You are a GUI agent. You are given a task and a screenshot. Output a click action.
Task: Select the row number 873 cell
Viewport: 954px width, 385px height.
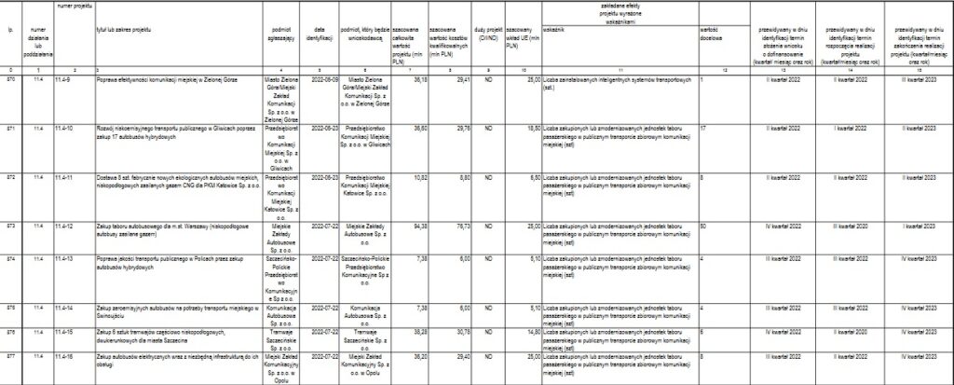pyautogui.click(x=10, y=227)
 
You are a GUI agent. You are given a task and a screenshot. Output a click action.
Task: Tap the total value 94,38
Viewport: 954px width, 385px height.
pyautogui.click(x=418, y=227)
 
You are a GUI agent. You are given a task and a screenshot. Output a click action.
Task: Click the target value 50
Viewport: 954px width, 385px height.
pyautogui.click(x=703, y=227)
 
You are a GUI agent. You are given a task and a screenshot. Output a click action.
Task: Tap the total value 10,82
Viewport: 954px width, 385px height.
pyautogui.click(x=418, y=176)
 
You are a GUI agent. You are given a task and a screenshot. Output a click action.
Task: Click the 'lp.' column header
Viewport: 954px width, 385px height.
pyautogui.click(x=9, y=30)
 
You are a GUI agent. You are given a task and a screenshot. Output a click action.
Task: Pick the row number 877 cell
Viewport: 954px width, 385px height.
pyautogui.click(x=10, y=356)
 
